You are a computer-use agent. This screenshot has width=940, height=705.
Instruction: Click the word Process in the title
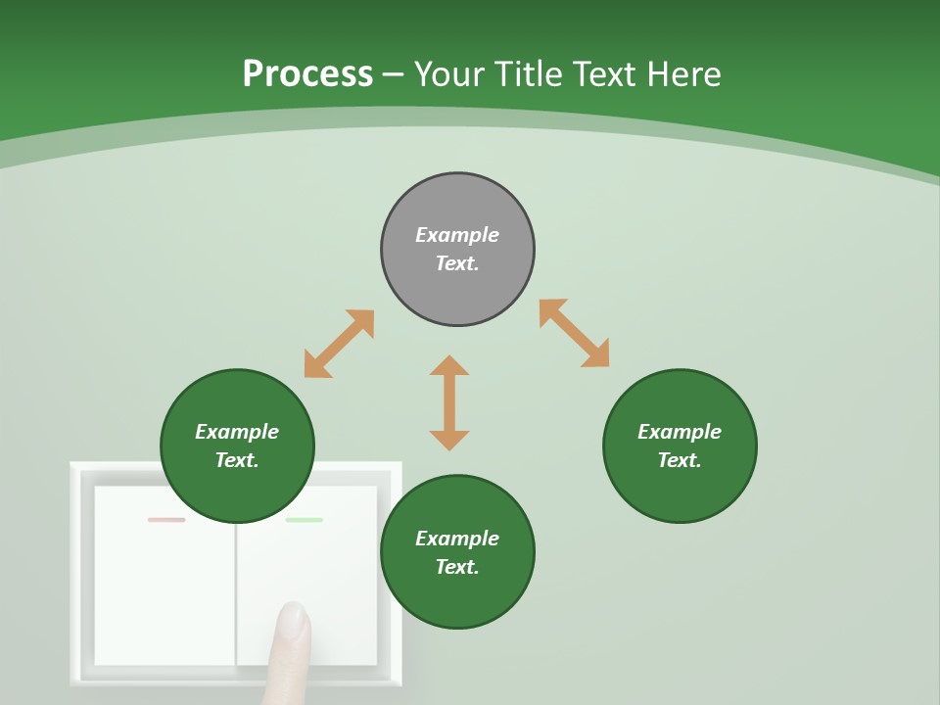[307, 74]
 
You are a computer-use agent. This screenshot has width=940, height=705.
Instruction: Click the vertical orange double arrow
[449, 403]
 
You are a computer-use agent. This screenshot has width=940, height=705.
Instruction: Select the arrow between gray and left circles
[339, 344]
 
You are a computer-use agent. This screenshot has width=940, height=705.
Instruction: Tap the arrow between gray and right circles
[574, 333]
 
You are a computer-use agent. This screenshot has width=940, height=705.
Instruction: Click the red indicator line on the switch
[166, 520]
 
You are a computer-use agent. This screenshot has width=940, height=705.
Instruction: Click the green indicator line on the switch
[304, 520]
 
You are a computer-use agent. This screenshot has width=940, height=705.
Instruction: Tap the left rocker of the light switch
[164, 578]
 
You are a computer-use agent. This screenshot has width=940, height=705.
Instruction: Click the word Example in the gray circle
[457, 235]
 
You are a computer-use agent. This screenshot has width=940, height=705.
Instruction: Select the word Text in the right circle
[680, 460]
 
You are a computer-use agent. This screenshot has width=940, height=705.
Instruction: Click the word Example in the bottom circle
[457, 539]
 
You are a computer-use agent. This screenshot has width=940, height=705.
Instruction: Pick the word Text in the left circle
[237, 460]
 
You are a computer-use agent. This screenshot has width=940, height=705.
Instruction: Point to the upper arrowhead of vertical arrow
[449, 366]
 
